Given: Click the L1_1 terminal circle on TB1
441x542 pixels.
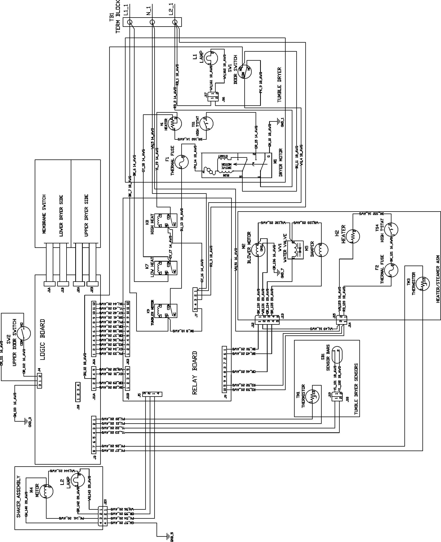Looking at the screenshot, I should pyautogui.click(x=130, y=22).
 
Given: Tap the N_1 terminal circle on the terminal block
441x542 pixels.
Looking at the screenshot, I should pyautogui.click(x=152, y=22).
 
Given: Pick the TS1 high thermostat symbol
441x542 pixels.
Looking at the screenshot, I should pyautogui.click(x=206, y=124).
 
